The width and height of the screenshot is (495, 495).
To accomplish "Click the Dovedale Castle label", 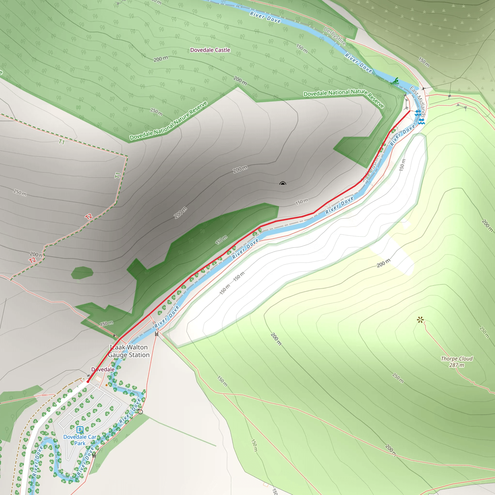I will [210, 50].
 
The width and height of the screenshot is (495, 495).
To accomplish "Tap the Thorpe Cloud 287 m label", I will [457, 362].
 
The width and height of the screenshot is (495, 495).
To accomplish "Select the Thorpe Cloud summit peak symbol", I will [420, 320].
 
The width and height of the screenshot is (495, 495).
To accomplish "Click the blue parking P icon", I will [80, 430].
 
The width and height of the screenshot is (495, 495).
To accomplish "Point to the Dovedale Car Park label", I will [80, 440].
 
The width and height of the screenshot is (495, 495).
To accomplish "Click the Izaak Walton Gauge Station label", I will [129, 351].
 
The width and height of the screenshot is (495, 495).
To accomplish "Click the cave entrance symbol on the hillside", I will [283, 183].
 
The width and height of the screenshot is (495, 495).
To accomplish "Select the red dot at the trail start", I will [88, 381].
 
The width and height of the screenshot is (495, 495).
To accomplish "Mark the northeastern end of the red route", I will [409, 111].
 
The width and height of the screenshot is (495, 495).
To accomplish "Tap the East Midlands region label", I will [418, 102].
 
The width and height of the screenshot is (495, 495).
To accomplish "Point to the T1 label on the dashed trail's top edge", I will [62, 141].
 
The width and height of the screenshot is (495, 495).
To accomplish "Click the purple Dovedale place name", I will [103, 369].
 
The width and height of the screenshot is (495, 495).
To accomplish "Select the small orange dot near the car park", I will [107, 385].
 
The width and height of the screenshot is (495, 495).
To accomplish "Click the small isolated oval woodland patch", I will [82, 273].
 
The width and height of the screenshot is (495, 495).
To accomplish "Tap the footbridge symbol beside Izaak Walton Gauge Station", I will [157, 334].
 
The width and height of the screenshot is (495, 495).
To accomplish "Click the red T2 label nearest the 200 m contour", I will [33, 261].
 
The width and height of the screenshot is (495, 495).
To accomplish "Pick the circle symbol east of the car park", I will [140, 412].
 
